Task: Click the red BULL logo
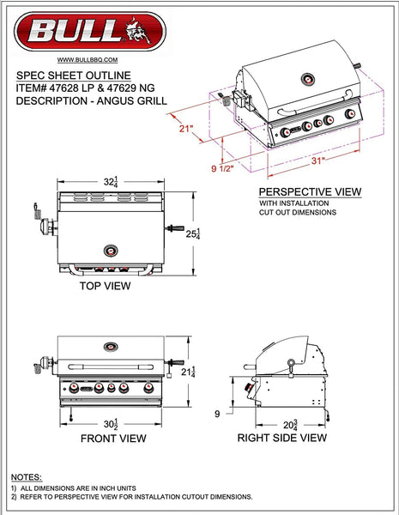(90, 32)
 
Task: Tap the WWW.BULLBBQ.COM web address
(88, 60)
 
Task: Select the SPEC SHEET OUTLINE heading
(74, 76)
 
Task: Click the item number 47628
(63, 88)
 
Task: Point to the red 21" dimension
(186, 128)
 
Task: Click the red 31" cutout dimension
(317, 161)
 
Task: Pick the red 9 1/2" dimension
(222, 168)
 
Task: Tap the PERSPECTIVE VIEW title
(310, 191)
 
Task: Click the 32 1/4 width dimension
(111, 182)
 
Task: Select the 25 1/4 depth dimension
(193, 233)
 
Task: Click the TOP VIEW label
(105, 286)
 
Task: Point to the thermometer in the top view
(111, 251)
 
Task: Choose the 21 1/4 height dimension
(188, 372)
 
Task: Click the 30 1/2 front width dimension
(111, 424)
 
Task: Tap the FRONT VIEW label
(113, 438)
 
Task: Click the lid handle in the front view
(111, 367)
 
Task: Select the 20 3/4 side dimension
(290, 425)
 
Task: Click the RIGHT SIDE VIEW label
(282, 438)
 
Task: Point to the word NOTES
(27, 477)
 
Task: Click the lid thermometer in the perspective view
(308, 79)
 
